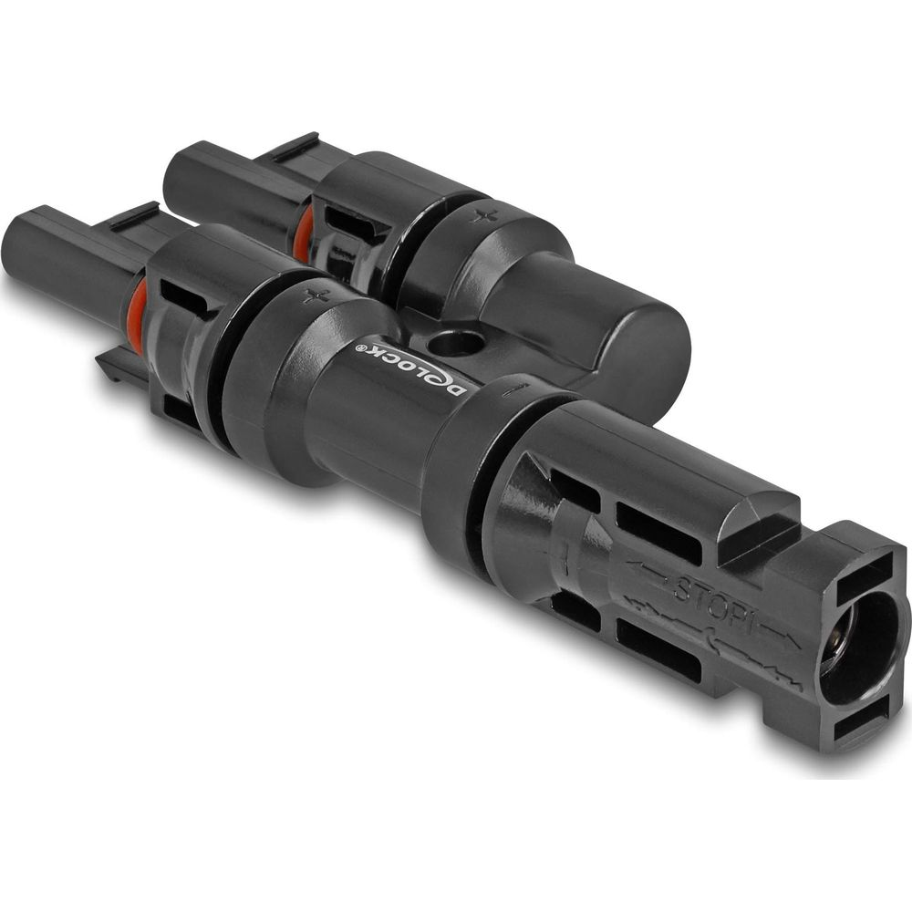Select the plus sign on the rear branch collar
484,216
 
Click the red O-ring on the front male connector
136,317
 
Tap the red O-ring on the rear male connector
301,235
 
